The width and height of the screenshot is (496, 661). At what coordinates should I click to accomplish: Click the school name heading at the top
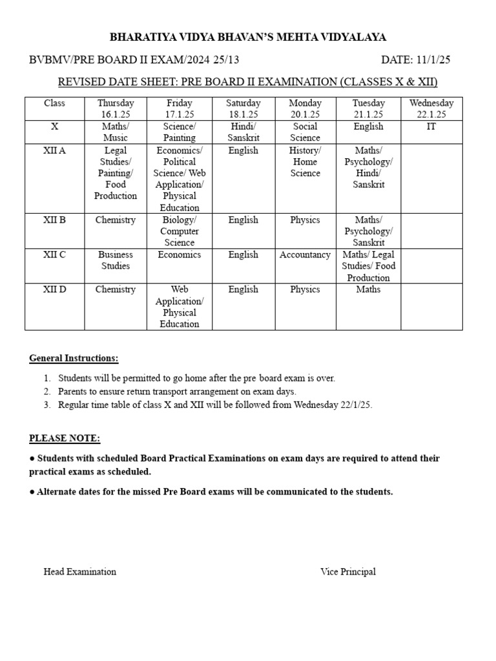(248, 37)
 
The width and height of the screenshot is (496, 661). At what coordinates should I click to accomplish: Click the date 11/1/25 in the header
(415, 60)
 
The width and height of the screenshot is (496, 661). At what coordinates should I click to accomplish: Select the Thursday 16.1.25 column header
(116, 108)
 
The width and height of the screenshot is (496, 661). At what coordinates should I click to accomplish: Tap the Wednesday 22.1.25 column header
(431, 108)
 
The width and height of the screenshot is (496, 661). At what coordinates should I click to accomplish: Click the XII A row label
(54, 150)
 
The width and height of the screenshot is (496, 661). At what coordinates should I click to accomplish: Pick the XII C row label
(54, 255)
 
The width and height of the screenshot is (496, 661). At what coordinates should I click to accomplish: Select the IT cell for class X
(431, 127)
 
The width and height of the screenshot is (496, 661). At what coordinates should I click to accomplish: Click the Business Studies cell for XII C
(116, 260)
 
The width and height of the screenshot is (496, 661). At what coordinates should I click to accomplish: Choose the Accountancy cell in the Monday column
(305, 255)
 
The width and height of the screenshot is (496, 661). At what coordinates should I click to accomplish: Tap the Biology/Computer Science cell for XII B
(180, 231)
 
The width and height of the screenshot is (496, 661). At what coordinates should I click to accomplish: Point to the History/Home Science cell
(305, 161)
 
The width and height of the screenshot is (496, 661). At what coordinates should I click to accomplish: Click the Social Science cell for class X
(305, 132)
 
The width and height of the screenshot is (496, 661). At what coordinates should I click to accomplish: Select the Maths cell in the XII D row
(368, 290)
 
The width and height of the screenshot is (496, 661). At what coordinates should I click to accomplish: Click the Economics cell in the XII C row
(180, 255)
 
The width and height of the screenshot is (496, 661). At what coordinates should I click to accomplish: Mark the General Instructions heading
(74, 358)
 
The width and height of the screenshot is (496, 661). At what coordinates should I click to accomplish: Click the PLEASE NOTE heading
(65, 439)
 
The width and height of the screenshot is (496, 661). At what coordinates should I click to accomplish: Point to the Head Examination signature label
(80, 571)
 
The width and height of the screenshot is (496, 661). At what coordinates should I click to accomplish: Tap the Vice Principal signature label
(347, 571)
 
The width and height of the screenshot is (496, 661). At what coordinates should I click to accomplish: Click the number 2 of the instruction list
(47, 392)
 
